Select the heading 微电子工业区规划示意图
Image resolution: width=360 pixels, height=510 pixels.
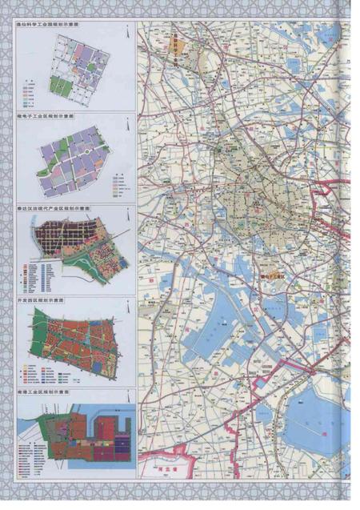point(50,116)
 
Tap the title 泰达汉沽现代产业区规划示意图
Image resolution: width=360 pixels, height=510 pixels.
point(55,207)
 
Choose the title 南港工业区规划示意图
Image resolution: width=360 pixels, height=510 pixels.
point(48,393)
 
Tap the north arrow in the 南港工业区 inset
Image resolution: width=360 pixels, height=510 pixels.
point(126,406)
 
